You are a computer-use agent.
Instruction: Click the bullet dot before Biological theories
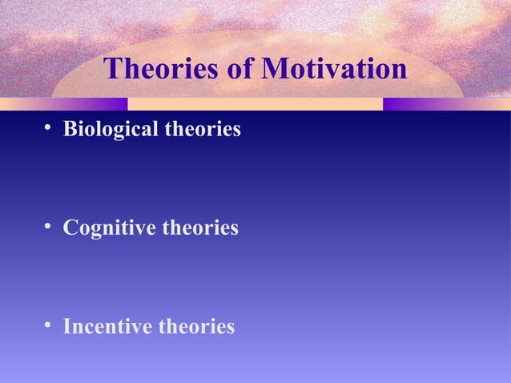50,128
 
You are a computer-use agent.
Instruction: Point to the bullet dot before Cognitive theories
50,228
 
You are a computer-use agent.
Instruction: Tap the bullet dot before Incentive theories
50,327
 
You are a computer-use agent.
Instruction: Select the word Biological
111,129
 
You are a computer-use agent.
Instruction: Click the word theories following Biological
202,128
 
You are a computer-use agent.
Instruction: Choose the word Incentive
108,327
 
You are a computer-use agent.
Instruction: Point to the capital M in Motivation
278,70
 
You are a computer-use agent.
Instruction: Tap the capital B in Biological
70,128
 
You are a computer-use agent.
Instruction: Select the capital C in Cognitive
70,228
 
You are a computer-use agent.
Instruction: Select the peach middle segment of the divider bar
255,104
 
